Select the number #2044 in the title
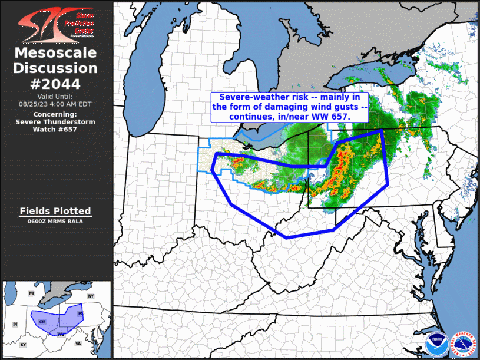coord(56,84)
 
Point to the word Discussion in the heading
coord(56,69)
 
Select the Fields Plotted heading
coord(56,211)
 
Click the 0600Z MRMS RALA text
coord(56,222)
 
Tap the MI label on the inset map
coord(32,293)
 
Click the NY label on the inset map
coord(91,296)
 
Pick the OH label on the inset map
coord(42,322)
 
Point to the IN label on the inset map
coord(15,325)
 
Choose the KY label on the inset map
coord(24,344)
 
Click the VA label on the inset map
coord(78,343)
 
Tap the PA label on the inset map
coord(81,313)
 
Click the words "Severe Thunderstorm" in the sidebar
coord(56,121)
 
